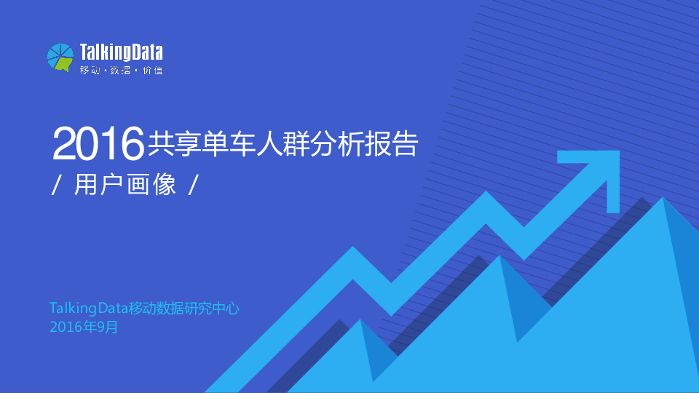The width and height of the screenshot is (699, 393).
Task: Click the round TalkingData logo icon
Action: (60, 57)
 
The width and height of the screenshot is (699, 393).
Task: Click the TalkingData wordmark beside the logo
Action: (122, 52)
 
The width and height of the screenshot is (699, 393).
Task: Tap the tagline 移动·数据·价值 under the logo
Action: (122, 71)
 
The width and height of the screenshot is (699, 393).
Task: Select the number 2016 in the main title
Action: (98, 143)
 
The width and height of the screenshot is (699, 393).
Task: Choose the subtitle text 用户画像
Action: (125, 184)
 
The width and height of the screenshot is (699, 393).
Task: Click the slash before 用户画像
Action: (56, 185)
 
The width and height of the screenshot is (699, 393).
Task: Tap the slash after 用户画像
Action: (193, 185)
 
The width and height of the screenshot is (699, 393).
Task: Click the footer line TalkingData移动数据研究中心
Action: (144, 309)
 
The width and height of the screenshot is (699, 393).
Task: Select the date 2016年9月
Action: (84, 327)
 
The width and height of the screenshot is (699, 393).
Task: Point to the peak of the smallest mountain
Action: (360, 319)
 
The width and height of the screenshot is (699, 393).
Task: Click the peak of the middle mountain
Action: (499, 255)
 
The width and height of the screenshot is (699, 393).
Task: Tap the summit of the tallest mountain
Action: (663, 197)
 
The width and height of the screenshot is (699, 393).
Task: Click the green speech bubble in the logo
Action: (63, 65)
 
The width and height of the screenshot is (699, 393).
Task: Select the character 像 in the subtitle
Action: (165, 184)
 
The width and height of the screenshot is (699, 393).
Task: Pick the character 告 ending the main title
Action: (405, 144)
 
